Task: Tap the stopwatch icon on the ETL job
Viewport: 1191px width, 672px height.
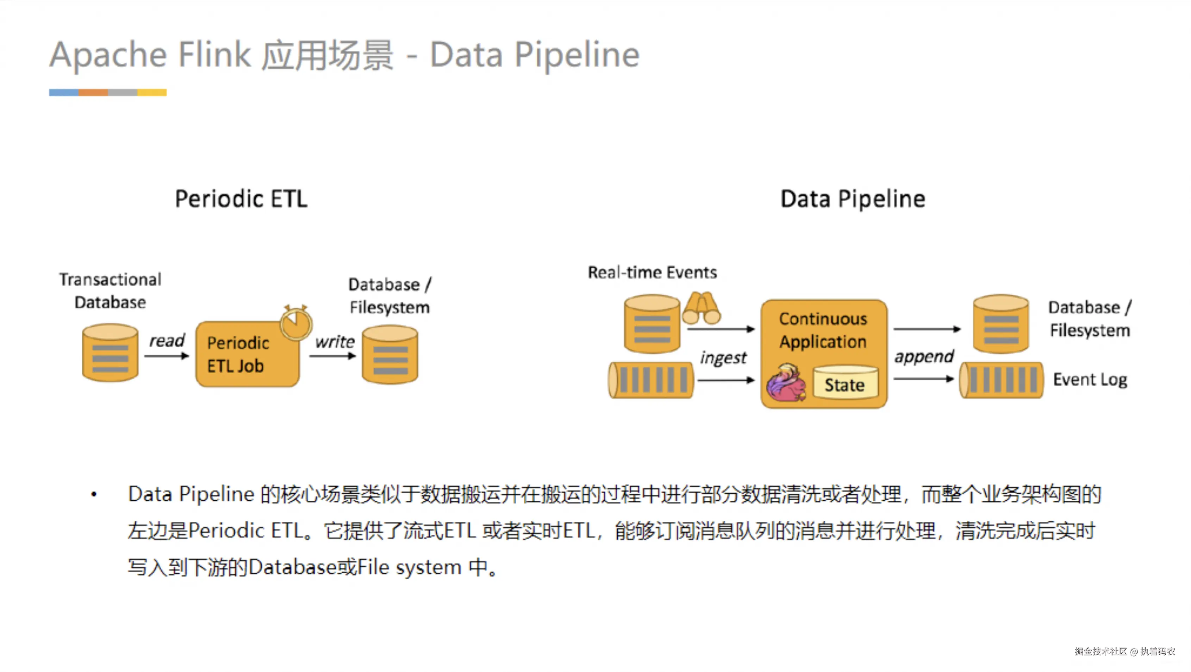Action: click(x=296, y=323)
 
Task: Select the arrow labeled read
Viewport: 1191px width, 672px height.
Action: click(x=167, y=356)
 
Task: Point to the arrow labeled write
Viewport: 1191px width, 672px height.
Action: click(x=332, y=356)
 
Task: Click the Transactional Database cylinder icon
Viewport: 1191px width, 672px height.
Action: click(x=110, y=353)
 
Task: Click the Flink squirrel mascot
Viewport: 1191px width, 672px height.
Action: click(x=786, y=383)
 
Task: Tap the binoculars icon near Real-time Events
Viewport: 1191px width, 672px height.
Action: click(x=701, y=308)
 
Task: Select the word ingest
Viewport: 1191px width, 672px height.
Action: click(x=723, y=358)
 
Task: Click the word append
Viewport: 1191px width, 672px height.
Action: click(x=923, y=356)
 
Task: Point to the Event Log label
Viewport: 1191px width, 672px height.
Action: click(x=1090, y=379)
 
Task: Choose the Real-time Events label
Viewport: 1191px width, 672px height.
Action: click(x=652, y=272)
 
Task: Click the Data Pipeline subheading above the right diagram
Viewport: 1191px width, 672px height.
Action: click(x=853, y=199)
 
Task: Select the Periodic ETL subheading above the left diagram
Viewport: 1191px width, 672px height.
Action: click(x=241, y=199)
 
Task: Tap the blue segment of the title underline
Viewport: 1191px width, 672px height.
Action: click(x=64, y=93)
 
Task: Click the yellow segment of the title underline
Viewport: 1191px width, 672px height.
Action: click(x=152, y=93)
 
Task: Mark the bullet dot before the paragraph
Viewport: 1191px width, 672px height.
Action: click(x=94, y=494)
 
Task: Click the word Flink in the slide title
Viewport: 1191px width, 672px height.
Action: click(x=214, y=55)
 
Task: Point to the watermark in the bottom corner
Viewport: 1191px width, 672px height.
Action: click(x=1124, y=651)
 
